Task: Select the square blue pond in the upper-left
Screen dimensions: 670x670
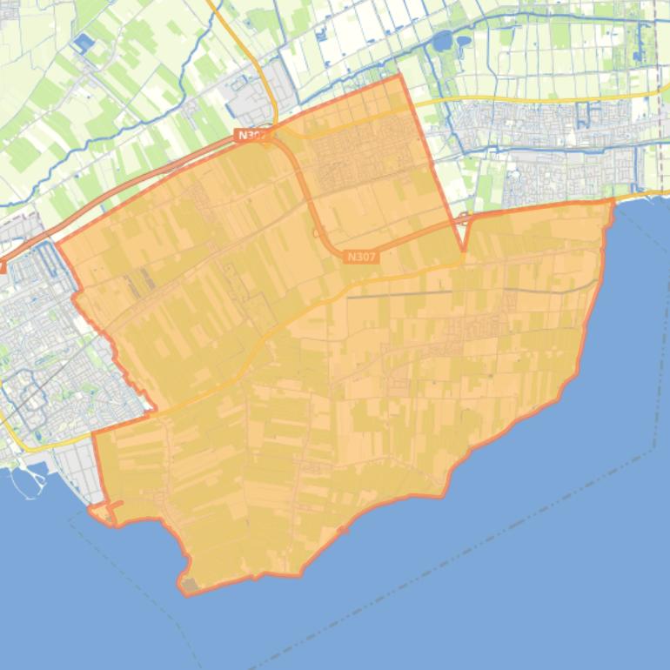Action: (84, 42)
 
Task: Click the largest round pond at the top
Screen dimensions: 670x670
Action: (442, 40)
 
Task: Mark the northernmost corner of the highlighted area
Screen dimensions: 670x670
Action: (400, 76)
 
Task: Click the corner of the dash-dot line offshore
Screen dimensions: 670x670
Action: (654, 449)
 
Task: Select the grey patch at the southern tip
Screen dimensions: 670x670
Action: (189, 585)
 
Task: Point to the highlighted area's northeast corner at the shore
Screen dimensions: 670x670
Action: (613, 201)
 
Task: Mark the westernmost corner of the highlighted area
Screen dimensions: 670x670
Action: (58, 246)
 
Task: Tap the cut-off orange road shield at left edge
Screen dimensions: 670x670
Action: (3, 268)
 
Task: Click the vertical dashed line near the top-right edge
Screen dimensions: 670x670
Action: (659, 52)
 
